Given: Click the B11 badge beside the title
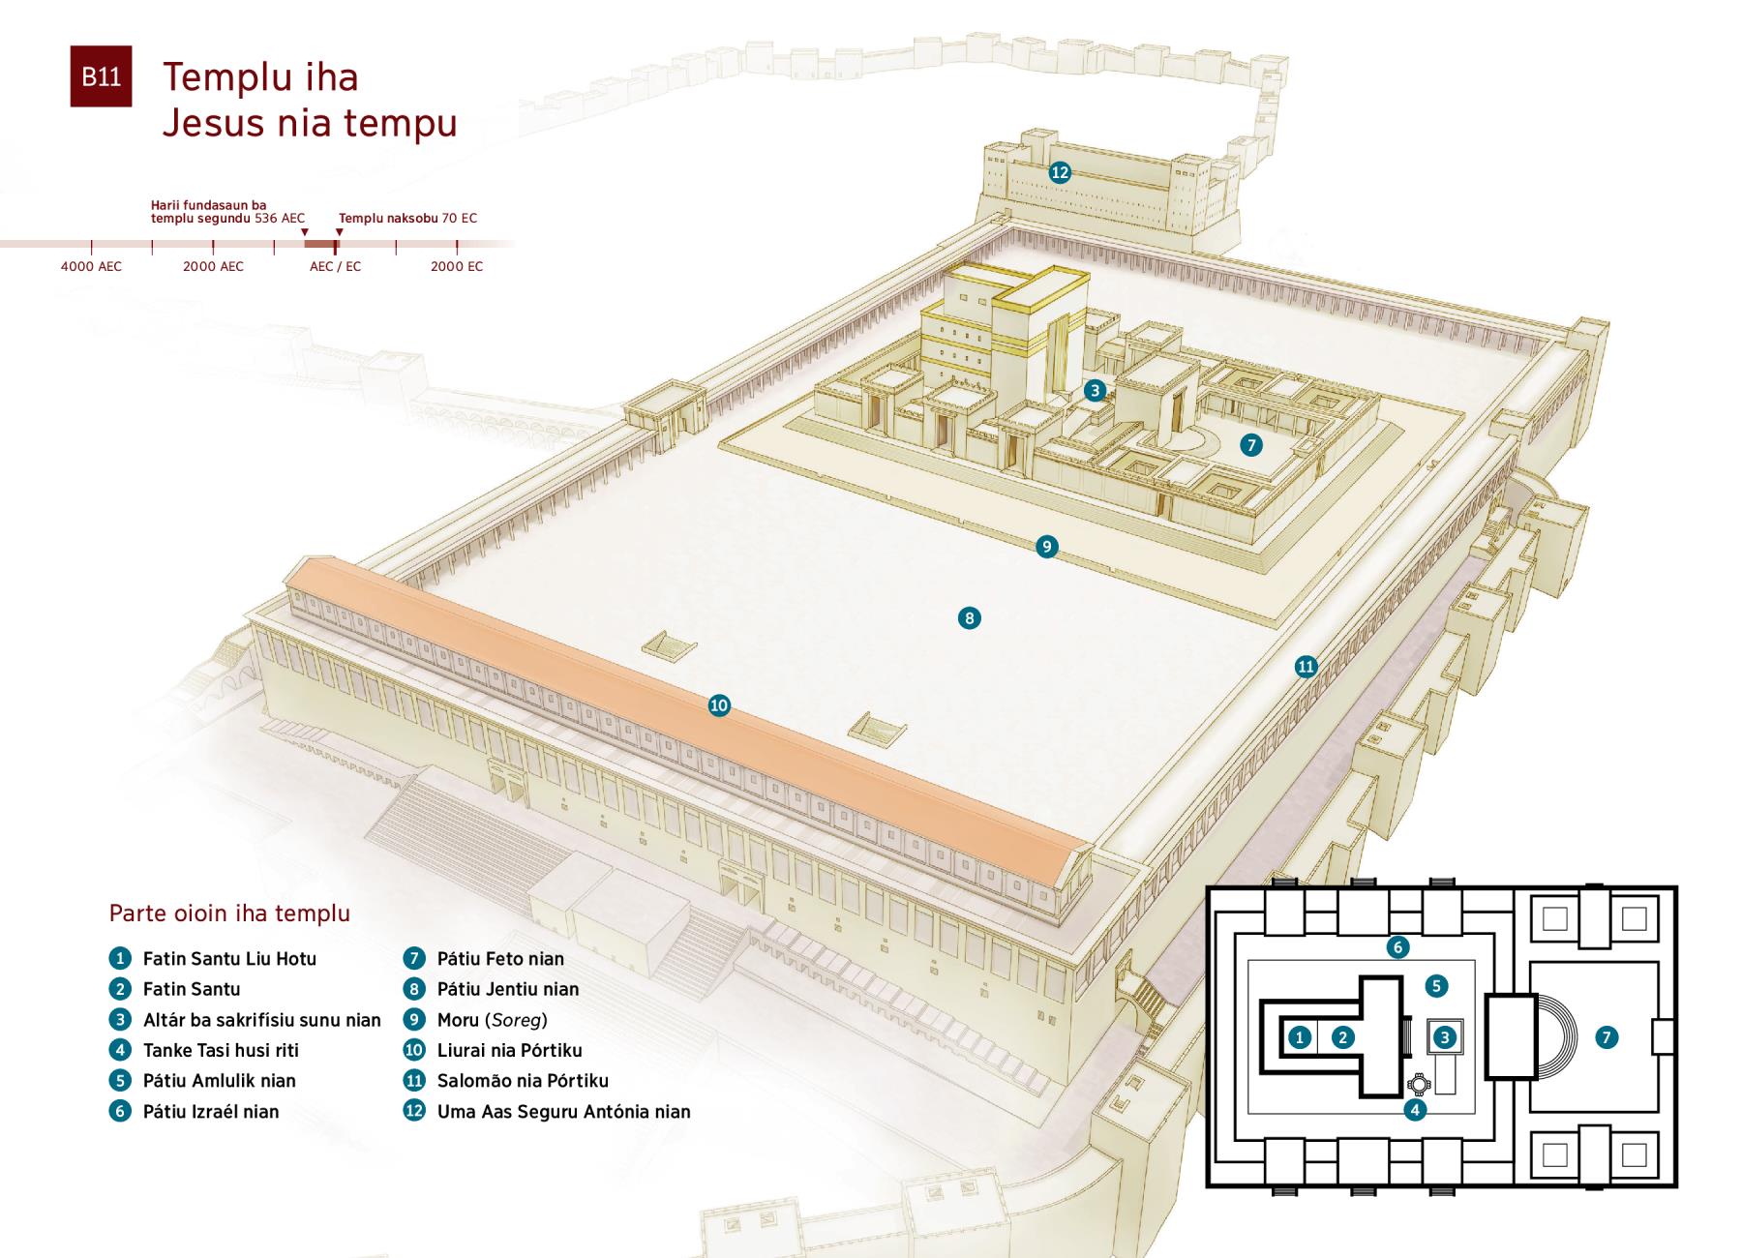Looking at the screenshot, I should tap(101, 76).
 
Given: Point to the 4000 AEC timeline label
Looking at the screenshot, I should tap(91, 266).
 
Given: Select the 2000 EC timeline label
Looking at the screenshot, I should tap(457, 266).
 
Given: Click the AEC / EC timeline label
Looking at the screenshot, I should tap(335, 266).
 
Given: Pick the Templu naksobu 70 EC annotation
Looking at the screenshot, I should tap(407, 219).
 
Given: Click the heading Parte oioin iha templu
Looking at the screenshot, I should tap(229, 913).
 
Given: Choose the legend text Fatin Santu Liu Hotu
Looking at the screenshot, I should tap(229, 959).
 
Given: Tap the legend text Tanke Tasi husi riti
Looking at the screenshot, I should tap(221, 1050).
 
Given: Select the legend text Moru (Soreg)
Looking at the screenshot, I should tap(492, 1020).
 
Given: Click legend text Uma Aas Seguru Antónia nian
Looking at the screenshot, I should tap(563, 1111).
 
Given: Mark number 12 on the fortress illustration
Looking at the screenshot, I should tap(1060, 172).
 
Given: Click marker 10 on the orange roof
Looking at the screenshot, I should tap(719, 705).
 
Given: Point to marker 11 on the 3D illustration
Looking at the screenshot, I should tap(1306, 666).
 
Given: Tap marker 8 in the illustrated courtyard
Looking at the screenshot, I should tap(969, 617).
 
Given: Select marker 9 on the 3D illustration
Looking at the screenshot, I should tap(1046, 547).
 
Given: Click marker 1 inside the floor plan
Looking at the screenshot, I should tap(1300, 1037).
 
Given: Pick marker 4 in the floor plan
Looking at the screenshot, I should tap(1415, 1109).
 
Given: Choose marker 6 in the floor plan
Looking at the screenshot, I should tap(1397, 946).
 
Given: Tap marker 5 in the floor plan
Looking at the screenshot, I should tap(1436, 986).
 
